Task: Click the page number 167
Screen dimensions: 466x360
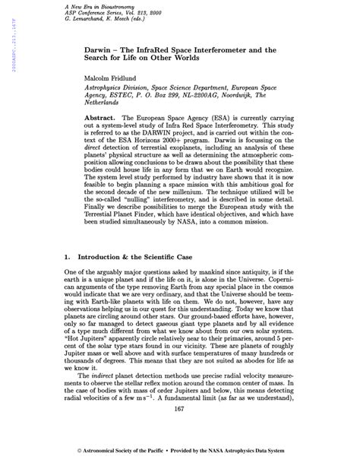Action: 180,431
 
